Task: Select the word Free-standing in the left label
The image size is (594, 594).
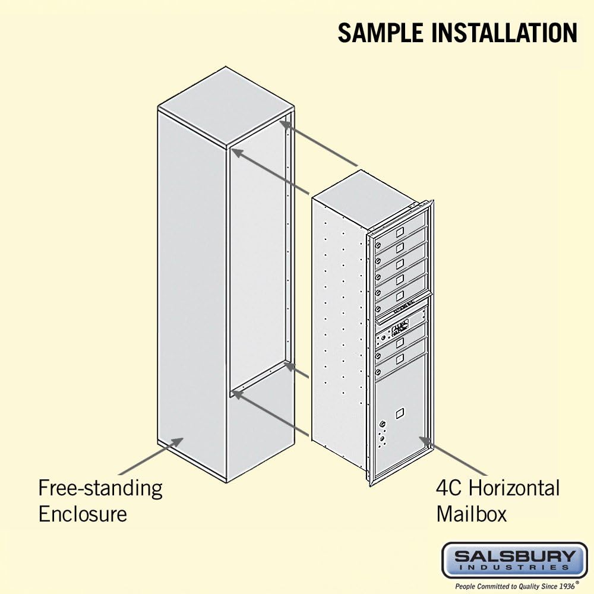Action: tap(100, 489)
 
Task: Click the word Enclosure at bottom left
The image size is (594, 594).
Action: tap(83, 514)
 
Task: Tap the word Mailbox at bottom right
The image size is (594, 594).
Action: tap(471, 514)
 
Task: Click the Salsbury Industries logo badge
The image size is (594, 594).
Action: tap(514, 561)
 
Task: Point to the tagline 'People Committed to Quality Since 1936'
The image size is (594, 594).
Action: tap(516, 586)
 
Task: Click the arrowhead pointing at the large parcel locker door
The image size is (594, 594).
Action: tap(425, 441)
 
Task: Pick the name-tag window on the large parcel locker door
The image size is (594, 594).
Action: tap(400, 413)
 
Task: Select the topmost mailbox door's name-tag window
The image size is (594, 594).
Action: tap(400, 232)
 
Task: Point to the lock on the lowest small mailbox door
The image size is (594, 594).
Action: tap(378, 372)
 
